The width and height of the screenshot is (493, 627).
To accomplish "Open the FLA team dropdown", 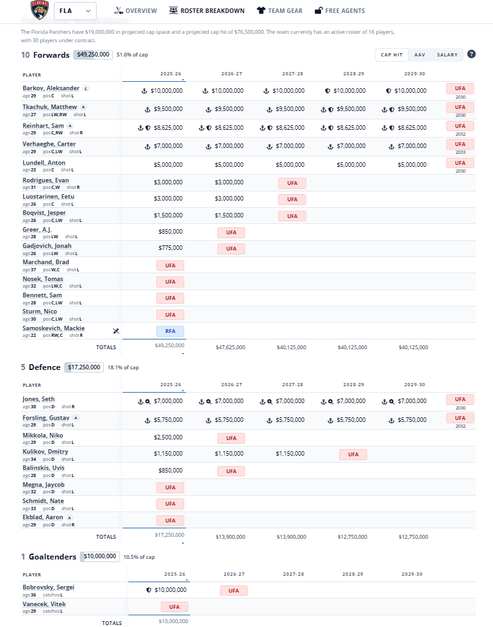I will point(74,10).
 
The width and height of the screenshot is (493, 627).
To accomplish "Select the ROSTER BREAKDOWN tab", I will point(206,10).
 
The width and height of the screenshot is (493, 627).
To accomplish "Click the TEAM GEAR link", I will point(279,10).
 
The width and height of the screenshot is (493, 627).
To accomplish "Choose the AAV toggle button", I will point(420,55).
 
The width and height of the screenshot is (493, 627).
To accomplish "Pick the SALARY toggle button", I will point(447,55).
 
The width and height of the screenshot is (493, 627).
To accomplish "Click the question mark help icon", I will point(472,55).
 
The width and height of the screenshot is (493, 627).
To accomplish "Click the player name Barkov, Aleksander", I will point(51,88).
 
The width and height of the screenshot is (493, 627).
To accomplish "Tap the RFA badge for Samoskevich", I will point(170,331).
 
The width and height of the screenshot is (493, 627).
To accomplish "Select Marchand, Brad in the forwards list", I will point(45,262).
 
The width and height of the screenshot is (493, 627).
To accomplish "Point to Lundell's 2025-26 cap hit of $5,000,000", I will point(168,165).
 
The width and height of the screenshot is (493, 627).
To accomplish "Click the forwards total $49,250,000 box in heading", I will point(93,55).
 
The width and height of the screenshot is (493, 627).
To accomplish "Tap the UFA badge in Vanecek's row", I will point(174,607).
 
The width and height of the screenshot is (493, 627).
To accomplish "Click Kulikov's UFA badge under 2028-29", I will point(353,454).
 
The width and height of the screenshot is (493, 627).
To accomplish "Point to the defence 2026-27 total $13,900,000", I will point(230,537).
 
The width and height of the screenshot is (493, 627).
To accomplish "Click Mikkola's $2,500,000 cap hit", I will point(168,437).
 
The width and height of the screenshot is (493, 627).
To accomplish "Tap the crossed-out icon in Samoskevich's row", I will point(115,331).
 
